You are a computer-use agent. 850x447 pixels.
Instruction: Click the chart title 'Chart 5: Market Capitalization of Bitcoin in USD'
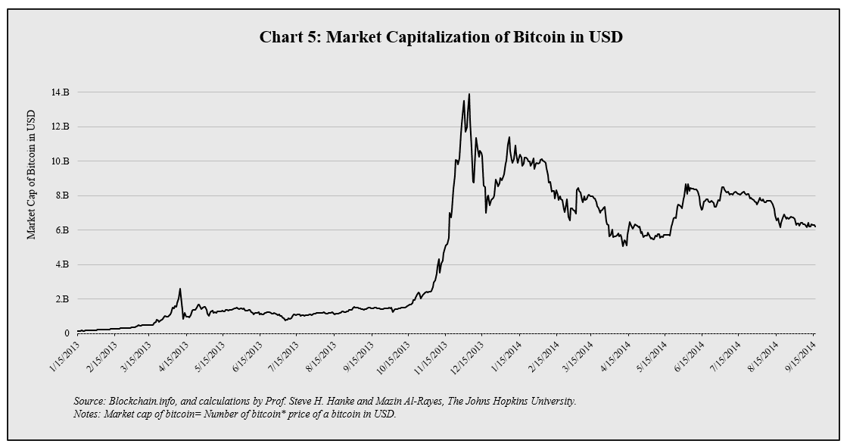tap(441, 37)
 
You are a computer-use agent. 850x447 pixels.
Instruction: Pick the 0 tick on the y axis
tap(67, 333)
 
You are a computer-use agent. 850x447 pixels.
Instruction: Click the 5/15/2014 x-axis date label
tap(652, 355)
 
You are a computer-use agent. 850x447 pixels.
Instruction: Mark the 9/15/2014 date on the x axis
tap(800, 355)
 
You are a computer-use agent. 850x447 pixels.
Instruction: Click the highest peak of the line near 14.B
tap(469, 95)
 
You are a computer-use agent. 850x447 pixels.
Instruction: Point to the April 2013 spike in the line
tap(179, 289)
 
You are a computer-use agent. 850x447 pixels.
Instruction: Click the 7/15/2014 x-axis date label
tap(726, 355)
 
